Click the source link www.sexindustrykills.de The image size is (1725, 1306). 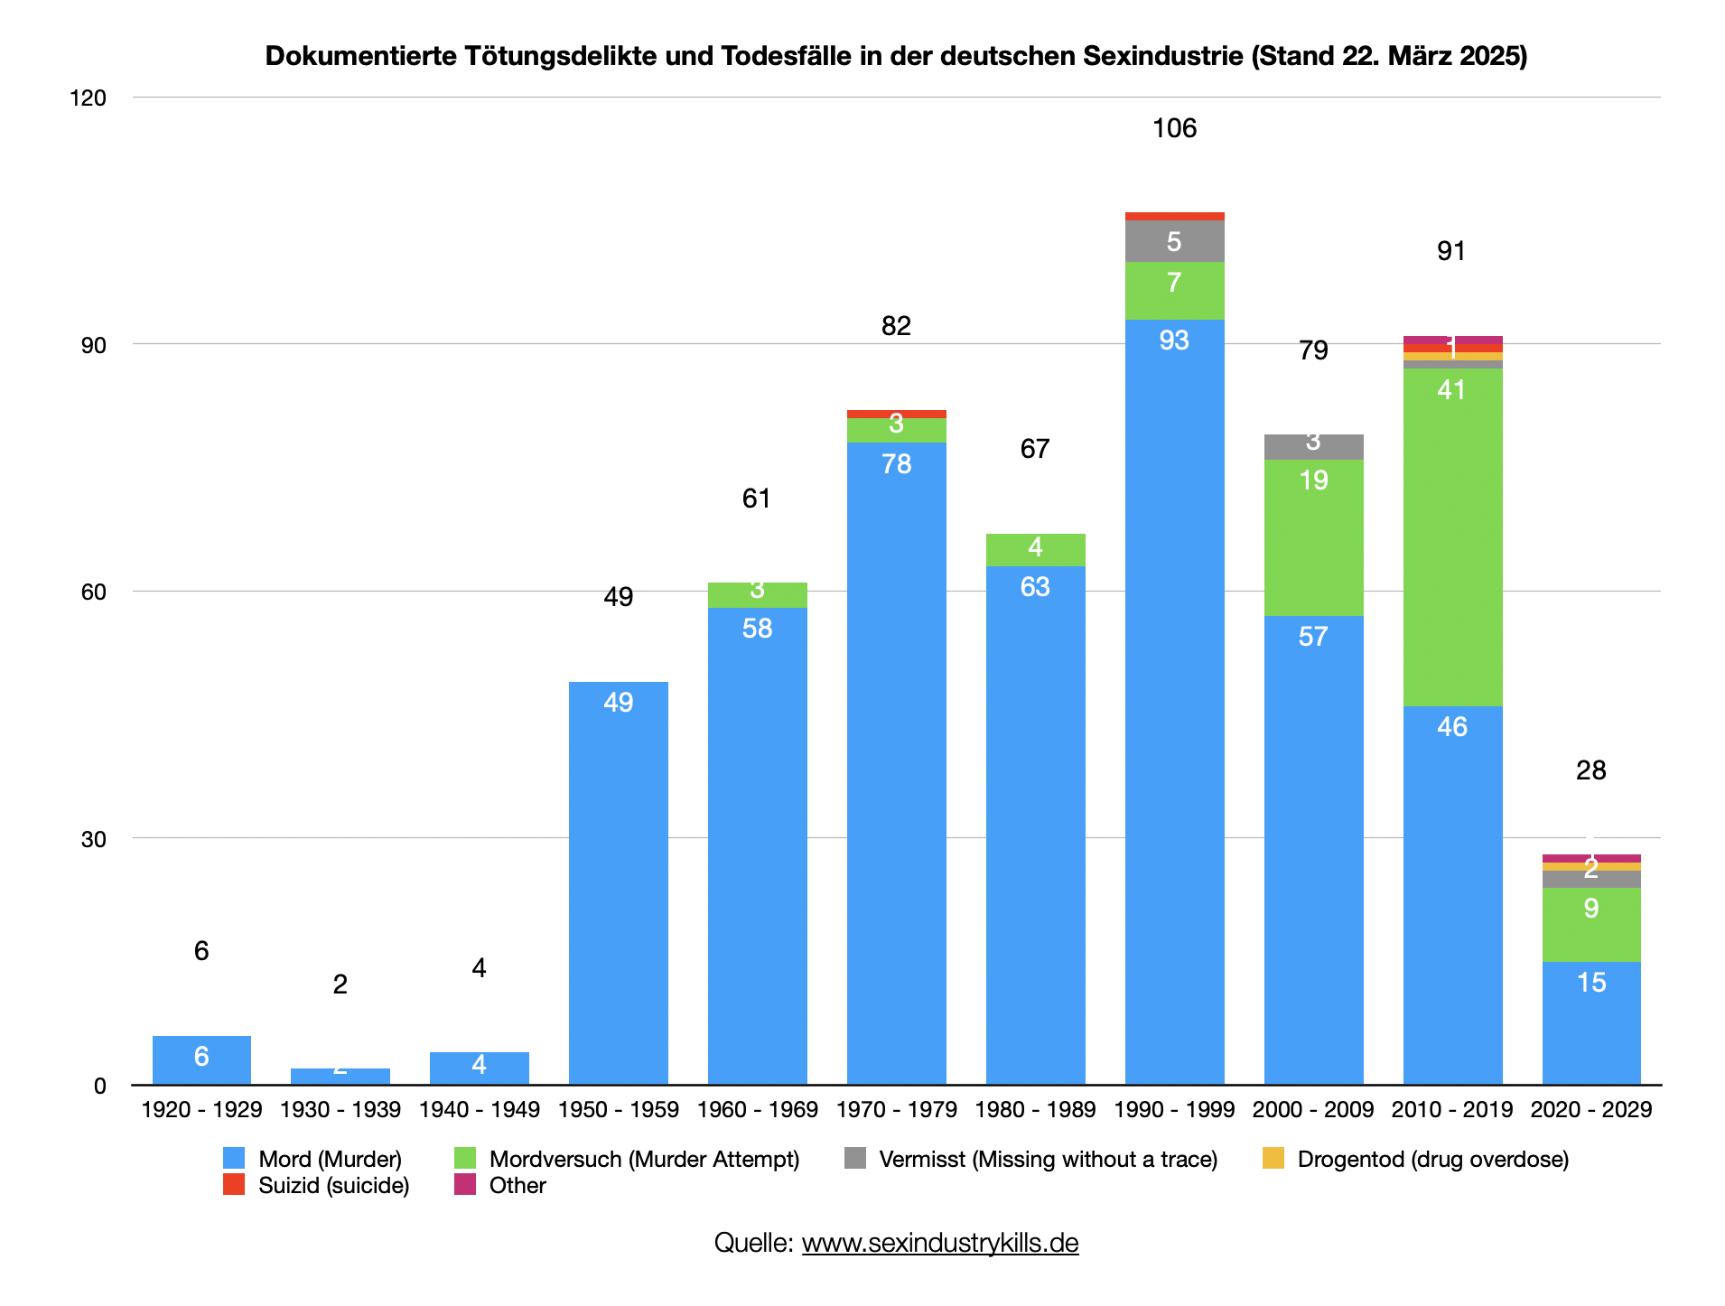[939, 1243]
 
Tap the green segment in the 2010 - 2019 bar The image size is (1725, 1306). [1452, 536]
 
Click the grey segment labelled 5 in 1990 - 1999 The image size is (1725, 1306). [1174, 241]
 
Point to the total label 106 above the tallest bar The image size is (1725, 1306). [1174, 128]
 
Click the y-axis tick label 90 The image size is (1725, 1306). [94, 345]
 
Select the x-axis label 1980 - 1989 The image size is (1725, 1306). [1035, 1109]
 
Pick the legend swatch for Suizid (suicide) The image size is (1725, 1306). [234, 1184]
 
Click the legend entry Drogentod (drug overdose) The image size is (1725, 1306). [1432, 1159]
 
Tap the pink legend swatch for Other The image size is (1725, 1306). [465, 1184]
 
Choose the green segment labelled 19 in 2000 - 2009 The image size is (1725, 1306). [1313, 537]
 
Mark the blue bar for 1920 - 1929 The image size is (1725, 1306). [201, 1059]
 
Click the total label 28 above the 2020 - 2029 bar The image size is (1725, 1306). [1590, 770]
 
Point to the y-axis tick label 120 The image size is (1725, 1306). [89, 98]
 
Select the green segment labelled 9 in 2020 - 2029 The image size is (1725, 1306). [1590, 924]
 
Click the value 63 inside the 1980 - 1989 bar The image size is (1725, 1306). [1035, 587]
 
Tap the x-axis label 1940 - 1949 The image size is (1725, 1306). [479, 1109]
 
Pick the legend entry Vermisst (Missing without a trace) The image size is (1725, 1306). [1048, 1159]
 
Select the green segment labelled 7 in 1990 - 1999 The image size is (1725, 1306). [1174, 290]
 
